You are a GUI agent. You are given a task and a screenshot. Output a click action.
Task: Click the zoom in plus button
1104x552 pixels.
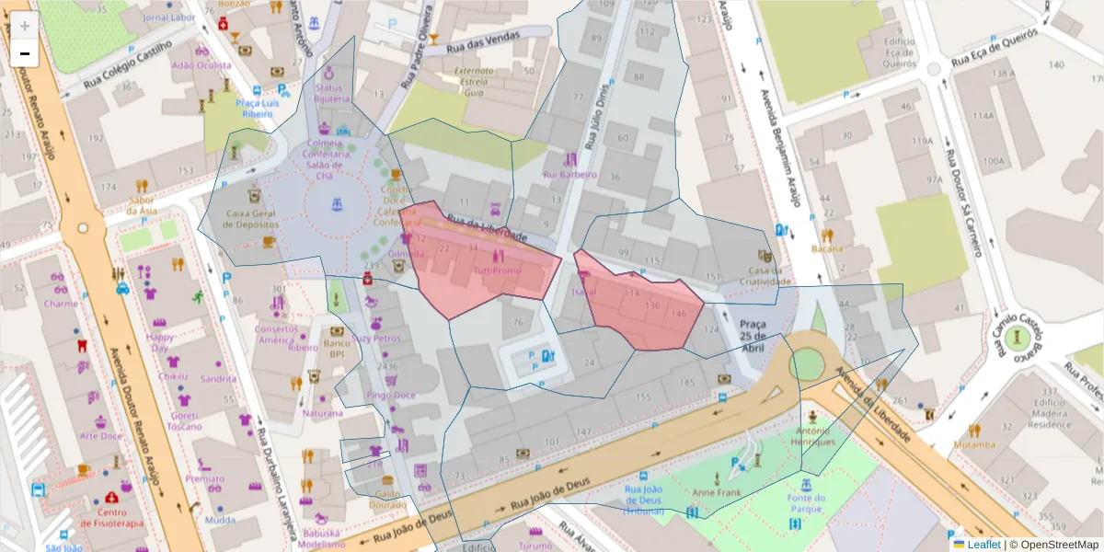(25, 26)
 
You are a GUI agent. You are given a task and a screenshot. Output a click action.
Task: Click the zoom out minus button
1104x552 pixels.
(25, 54)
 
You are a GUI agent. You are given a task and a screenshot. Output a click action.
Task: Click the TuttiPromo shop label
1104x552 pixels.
(497, 271)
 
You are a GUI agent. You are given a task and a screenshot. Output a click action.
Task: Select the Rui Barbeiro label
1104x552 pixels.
(569, 174)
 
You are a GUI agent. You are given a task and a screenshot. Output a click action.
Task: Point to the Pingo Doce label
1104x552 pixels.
(391, 395)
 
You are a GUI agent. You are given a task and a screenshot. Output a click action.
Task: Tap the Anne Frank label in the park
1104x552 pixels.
(723, 492)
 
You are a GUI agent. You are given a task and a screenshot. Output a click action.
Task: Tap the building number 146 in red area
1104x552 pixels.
(679, 314)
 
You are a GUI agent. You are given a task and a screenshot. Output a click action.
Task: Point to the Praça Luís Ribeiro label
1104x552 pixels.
(256, 109)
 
